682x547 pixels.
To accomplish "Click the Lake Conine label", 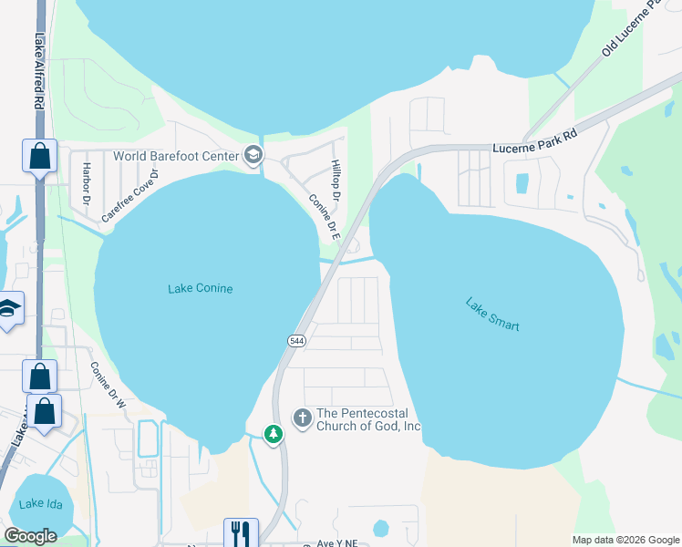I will point(201,289).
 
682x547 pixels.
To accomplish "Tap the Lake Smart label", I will point(492,315).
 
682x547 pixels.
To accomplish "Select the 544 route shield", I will point(296,340).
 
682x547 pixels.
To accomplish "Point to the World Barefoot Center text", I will point(175,155).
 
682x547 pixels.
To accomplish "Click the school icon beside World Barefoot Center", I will point(253,155).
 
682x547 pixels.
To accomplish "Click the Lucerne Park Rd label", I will point(535,140).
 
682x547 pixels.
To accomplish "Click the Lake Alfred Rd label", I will point(39,73).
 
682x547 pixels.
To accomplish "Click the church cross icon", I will point(302,418).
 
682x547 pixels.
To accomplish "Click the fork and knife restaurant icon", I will point(241,532).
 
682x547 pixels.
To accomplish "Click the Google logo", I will point(30,536).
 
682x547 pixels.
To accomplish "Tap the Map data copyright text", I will point(625,540).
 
